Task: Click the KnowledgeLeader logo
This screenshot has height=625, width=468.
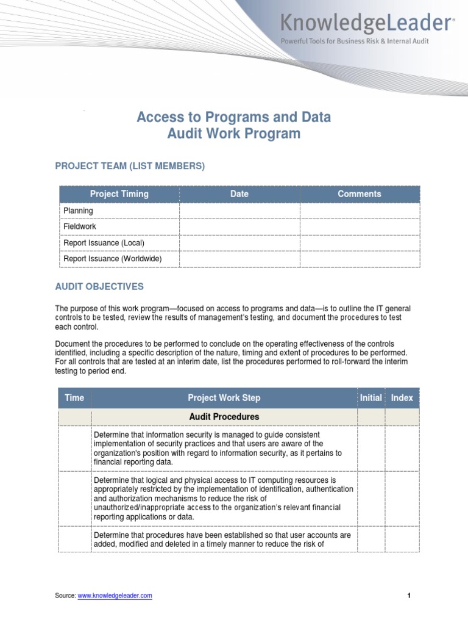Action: [x=366, y=23]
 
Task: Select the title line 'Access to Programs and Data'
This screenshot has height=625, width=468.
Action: [x=234, y=117]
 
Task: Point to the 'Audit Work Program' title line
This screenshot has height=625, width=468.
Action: [x=234, y=134]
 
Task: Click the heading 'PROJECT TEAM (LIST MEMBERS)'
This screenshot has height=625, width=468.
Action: [x=130, y=166]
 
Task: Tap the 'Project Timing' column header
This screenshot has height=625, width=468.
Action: [x=119, y=194]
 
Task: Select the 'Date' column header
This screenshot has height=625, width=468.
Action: [x=239, y=194]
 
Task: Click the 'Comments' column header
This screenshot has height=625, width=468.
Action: [x=360, y=194]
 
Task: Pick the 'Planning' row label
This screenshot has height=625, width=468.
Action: [x=79, y=211]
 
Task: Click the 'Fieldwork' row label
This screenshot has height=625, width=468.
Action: [x=80, y=226]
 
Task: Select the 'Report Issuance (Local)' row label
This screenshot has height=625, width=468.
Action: [x=104, y=243]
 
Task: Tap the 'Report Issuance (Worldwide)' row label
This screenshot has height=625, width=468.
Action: [x=113, y=259]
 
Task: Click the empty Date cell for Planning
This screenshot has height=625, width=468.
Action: [x=239, y=211]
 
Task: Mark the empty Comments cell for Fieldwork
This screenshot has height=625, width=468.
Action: [x=360, y=226]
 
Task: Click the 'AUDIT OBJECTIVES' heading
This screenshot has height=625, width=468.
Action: [x=99, y=286]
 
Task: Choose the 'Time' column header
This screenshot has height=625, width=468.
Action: [x=74, y=398]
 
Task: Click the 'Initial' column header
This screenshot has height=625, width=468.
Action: [x=370, y=398]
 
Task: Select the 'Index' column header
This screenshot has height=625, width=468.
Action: [x=402, y=398]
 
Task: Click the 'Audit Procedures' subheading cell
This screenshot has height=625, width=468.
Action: [x=224, y=417]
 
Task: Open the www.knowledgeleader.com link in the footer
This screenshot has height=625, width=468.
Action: [x=115, y=596]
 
